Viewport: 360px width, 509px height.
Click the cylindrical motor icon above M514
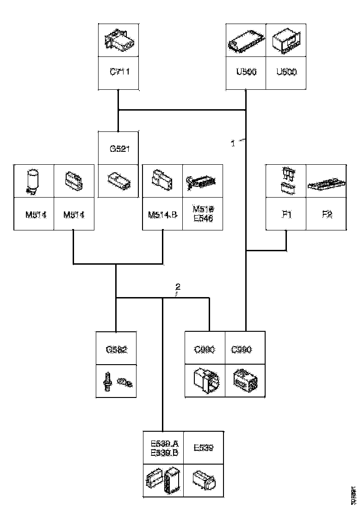point(33,181)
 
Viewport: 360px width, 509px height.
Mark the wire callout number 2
point(178,286)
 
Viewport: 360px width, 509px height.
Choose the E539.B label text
point(163,452)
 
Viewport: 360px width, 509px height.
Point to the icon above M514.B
point(162,181)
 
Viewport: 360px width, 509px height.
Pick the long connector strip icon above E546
point(202,182)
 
